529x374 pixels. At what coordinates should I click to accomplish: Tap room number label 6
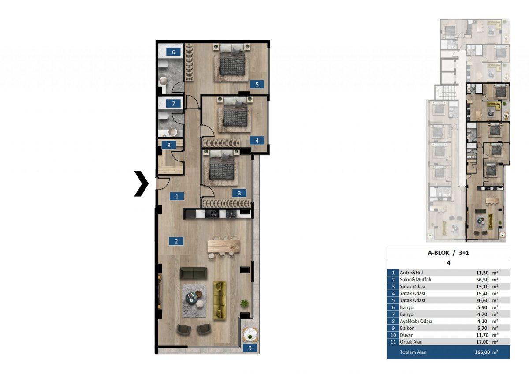(x=173, y=52)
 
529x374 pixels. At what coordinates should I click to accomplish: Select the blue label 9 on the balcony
(x=250, y=348)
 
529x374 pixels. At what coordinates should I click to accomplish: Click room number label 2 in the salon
(x=176, y=241)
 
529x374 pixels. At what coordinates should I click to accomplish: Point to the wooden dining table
(x=224, y=247)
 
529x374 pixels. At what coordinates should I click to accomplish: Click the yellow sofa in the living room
(x=219, y=300)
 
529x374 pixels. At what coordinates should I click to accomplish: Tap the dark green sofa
(x=194, y=273)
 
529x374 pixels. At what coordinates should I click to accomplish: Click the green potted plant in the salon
(x=244, y=303)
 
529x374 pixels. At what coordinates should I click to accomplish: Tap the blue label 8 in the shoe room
(x=168, y=145)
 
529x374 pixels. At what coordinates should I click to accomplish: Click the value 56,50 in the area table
(x=482, y=280)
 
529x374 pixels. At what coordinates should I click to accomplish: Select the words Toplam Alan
(x=413, y=352)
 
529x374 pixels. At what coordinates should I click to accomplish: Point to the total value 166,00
(x=481, y=352)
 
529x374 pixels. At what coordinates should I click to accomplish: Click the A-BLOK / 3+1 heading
(x=448, y=253)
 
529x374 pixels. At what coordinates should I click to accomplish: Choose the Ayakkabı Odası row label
(x=416, y=322)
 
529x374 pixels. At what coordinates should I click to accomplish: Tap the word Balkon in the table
(x=407, y=328)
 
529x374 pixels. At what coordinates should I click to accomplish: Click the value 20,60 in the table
(x=482, y=300)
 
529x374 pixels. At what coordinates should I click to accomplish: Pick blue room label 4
(x=257, y=141)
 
